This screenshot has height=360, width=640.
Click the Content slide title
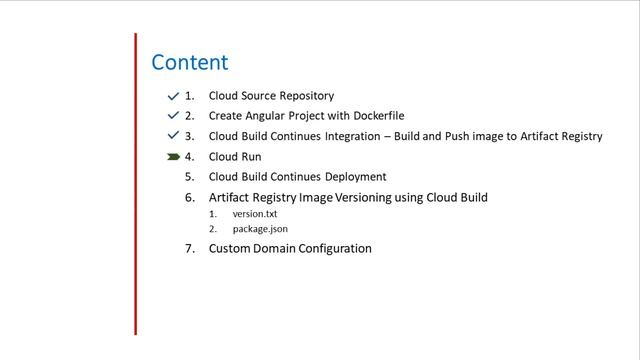189,63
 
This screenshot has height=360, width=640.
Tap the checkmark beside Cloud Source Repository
173,96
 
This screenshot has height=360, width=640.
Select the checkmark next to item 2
173,116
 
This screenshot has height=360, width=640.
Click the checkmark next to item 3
173,136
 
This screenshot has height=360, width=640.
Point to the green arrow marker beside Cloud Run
173,157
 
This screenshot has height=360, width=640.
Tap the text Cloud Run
234,157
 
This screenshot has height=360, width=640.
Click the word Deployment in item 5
352,177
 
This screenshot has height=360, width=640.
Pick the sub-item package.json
260,229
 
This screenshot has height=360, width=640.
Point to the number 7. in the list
189,248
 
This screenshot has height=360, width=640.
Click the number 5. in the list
189,177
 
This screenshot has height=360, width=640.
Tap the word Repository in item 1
305,96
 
